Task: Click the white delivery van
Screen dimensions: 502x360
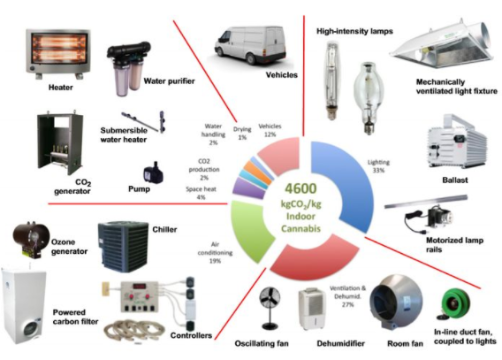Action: [250, 45]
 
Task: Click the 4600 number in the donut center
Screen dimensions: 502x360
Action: [300, 188]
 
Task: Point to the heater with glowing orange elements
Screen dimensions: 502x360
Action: [58, 54]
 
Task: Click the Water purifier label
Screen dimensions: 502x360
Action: [169, 81]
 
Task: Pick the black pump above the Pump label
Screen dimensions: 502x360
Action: [153, 173]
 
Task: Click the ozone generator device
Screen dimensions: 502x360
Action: [31, 240]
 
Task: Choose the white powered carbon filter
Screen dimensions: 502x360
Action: [24, 306]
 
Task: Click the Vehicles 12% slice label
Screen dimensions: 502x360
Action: [270, 130]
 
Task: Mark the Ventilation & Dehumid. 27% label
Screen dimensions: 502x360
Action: [347, 296]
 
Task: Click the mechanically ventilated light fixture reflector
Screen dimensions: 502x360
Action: [442, 45]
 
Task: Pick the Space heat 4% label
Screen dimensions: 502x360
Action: [201, 193]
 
